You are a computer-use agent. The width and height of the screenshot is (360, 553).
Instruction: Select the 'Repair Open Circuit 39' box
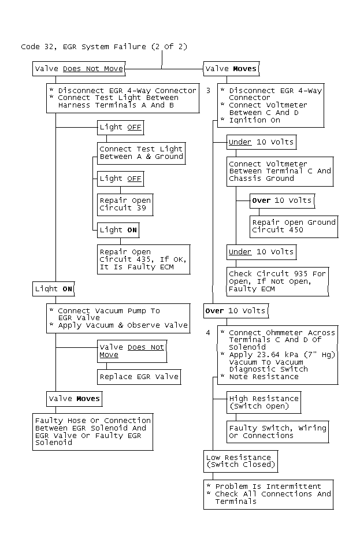(x=125, y=205)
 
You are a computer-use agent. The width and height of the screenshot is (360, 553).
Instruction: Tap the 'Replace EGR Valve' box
(x=139, y=377)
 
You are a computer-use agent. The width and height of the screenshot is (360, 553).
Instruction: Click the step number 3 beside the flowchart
(x=209, y=91)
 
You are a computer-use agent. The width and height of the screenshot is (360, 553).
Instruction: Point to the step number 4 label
(x=209, y=333)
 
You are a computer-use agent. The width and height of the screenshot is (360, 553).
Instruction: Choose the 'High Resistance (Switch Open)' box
(x=263, y=402)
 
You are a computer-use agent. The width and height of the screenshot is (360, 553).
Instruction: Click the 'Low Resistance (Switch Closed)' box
(x=241, y=461)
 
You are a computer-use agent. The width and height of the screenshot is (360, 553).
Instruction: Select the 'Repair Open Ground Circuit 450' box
(x=294, y=227)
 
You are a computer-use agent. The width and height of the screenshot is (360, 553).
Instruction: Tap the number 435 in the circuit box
(x=143, y=259)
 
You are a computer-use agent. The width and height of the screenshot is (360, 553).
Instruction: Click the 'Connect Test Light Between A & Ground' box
(x=142, y=153)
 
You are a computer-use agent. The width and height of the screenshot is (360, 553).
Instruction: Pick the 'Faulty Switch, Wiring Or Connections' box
(x=278, y=432)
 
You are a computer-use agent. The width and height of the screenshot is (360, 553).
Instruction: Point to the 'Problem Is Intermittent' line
(x=268, y=487)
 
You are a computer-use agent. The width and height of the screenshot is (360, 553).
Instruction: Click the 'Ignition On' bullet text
(x=255, y=120)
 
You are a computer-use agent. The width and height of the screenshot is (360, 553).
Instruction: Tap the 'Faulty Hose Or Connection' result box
(x=92, y=432)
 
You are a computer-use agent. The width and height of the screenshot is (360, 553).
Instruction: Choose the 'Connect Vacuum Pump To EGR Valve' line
(x=109, y=314)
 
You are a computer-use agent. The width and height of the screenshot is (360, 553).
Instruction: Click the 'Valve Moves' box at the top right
(x=231, y=69)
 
